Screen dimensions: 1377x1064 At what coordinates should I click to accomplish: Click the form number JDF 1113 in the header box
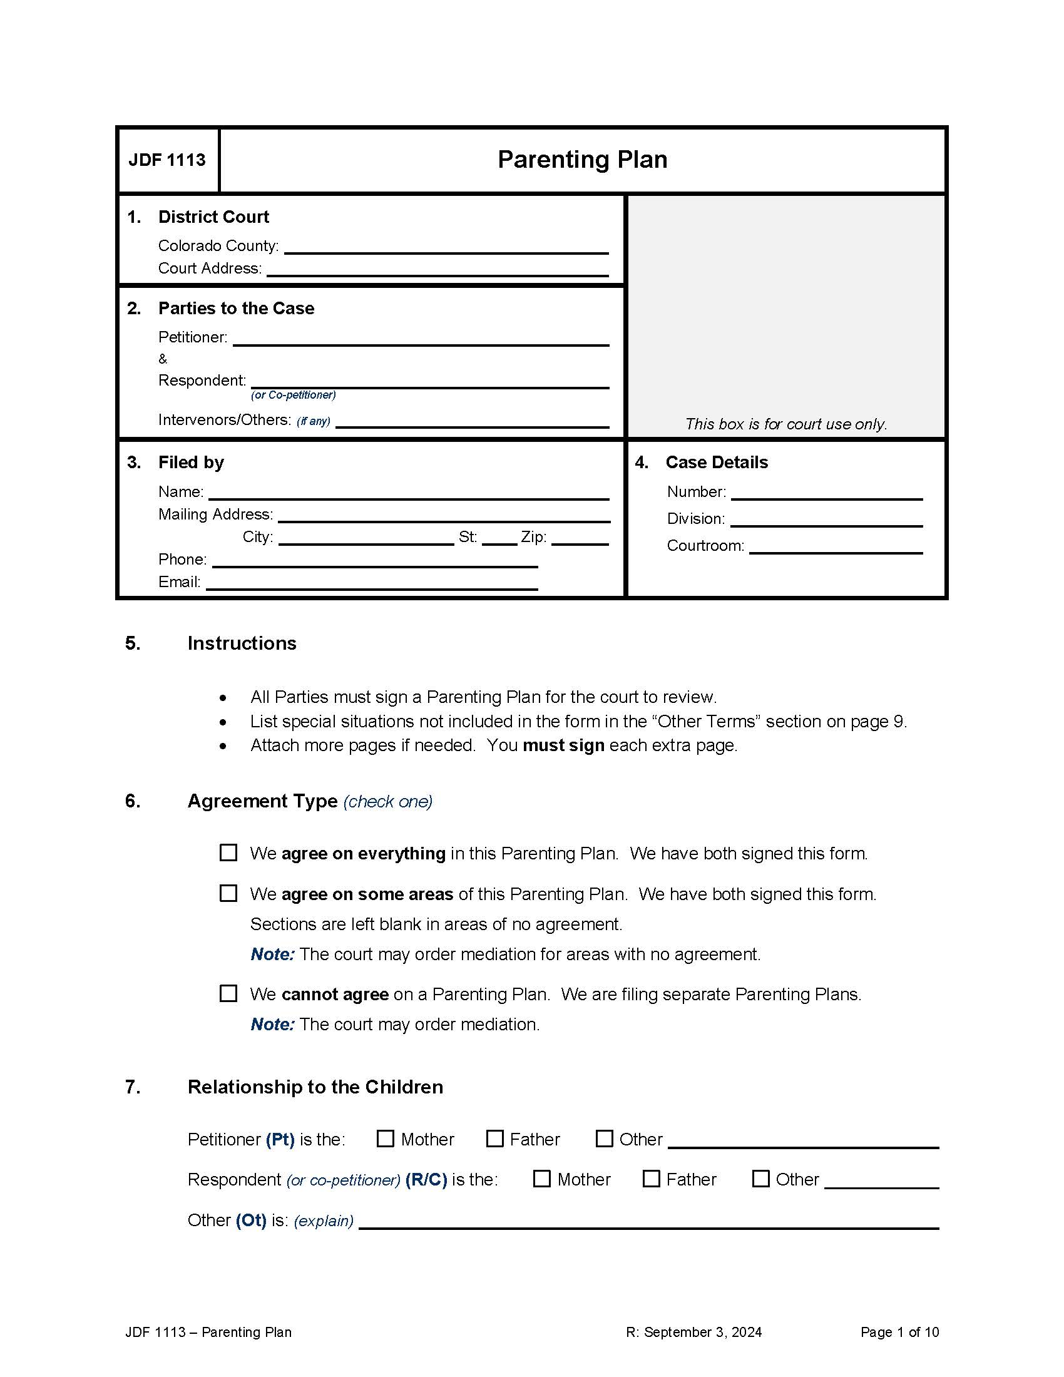tap(167, 160)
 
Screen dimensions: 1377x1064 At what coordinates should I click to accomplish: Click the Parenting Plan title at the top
tap(582, 160)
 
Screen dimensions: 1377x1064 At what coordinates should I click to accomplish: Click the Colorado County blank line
tap(446, 247)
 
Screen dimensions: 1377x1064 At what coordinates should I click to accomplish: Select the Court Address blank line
tap(437, 270)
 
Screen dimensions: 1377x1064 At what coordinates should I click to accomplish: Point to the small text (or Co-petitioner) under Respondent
tap(293, 396)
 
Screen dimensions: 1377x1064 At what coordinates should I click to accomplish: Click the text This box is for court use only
tap(785, 424)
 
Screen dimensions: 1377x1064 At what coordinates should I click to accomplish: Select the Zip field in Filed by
tap(580, 538)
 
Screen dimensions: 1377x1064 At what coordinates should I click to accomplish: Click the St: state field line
tap(499, 538)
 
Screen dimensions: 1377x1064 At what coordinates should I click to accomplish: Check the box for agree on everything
tap(228, 852)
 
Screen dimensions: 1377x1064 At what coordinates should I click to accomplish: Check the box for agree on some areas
tap(228, 893)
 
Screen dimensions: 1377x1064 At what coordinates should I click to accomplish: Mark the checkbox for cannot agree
tap(228, 994)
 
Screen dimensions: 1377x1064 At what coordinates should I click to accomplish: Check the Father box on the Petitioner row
tap(495, 1139)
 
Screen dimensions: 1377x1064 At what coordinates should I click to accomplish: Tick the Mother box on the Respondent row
tap(541, 1179)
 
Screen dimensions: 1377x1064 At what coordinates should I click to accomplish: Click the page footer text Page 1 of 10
tap(899, 1332)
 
